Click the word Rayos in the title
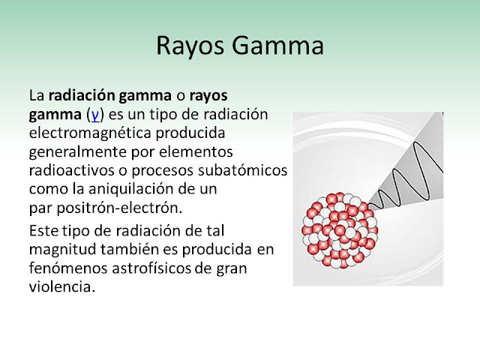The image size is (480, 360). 190,46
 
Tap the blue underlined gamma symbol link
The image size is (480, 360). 95,115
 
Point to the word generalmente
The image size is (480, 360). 78,152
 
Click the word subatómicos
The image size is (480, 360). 242,170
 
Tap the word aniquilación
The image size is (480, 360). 127,190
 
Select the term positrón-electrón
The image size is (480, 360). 119,208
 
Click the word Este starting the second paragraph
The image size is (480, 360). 43,231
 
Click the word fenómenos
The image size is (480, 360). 68,268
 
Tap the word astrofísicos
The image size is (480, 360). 151,268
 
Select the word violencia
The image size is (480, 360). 61,287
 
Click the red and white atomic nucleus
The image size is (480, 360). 340,230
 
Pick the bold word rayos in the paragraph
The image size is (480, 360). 208,97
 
